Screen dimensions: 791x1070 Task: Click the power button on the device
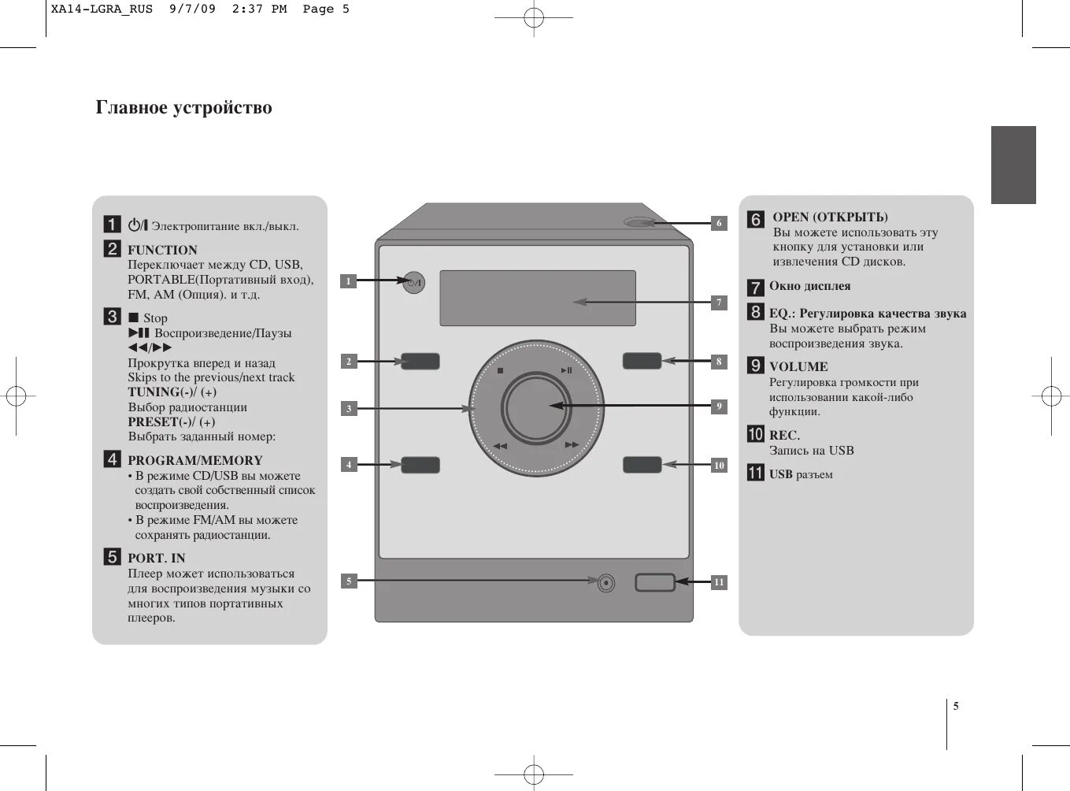coord(413,282)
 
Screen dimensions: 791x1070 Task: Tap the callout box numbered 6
coord(718,223)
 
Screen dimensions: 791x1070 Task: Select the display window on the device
coord(537,298)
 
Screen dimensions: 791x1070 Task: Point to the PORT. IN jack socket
coord(605,583)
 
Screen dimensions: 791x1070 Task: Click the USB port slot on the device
coord(655,583)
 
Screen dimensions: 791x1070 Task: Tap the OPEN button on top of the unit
coord(639,222)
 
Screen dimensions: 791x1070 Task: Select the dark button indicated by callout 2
coord(420,362)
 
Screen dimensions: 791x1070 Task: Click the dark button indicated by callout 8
coord(642,361)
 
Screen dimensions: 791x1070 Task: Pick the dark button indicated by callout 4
coord(420,465)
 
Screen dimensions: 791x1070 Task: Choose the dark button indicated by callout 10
coord(642,465)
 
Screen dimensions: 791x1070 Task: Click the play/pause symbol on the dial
coord(567,370)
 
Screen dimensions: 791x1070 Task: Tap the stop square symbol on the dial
coord(500,370)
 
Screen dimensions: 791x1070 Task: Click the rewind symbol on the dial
coord(500,446)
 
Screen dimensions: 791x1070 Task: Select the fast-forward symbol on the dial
coord(572,445)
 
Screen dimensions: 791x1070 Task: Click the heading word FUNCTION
coord(162,251)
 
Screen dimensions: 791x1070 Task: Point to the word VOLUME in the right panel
coord(798,367)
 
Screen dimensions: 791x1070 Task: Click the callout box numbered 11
coord(718,582)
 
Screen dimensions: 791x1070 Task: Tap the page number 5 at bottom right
coord(956,706)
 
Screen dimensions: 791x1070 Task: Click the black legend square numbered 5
coord(113,557)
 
